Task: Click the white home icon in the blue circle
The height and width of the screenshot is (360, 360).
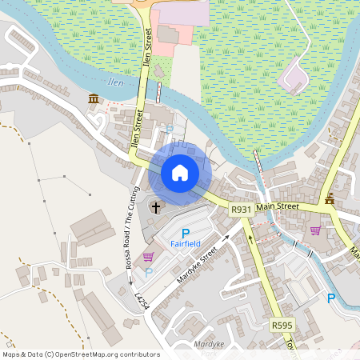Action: [180, 173]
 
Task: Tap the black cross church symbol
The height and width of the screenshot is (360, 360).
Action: [155, 207]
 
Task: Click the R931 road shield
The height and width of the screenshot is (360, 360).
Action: [241, 210]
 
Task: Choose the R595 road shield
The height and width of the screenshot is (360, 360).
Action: [282, 326]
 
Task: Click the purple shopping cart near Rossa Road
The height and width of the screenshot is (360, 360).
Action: [148, 258]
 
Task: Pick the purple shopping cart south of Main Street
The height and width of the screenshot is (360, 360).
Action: [315, 230]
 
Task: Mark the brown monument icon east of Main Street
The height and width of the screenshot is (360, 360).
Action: [330, 198]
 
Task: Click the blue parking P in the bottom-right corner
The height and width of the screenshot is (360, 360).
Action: [331, 298]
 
